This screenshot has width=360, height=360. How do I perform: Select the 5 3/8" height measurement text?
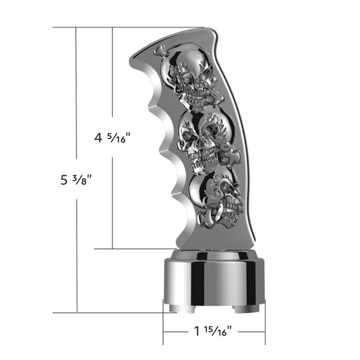[x=72, y=180]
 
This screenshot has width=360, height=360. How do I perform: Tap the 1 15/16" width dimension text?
[x=213, y=332]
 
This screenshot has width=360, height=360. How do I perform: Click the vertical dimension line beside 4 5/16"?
[x=113, y=196]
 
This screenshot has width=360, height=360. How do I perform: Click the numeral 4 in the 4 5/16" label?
[x=98, y=139]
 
